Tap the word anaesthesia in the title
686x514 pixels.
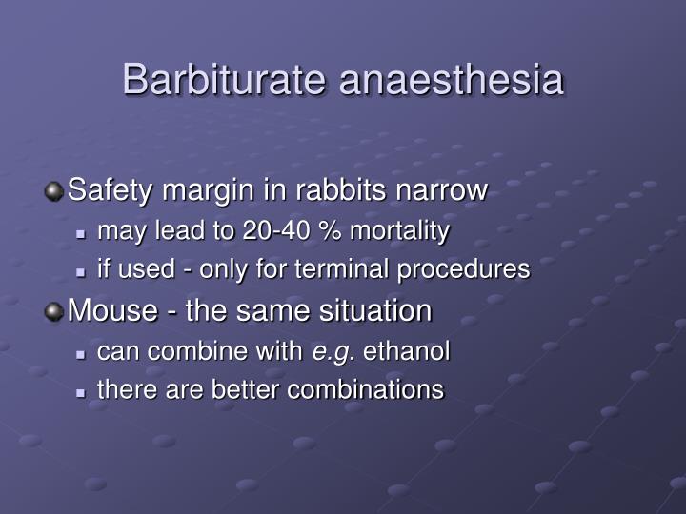pos(452,80)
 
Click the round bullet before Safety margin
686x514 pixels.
pos(55,191)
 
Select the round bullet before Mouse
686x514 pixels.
pos(55,311)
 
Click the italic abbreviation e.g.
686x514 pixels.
pos(333,352)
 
